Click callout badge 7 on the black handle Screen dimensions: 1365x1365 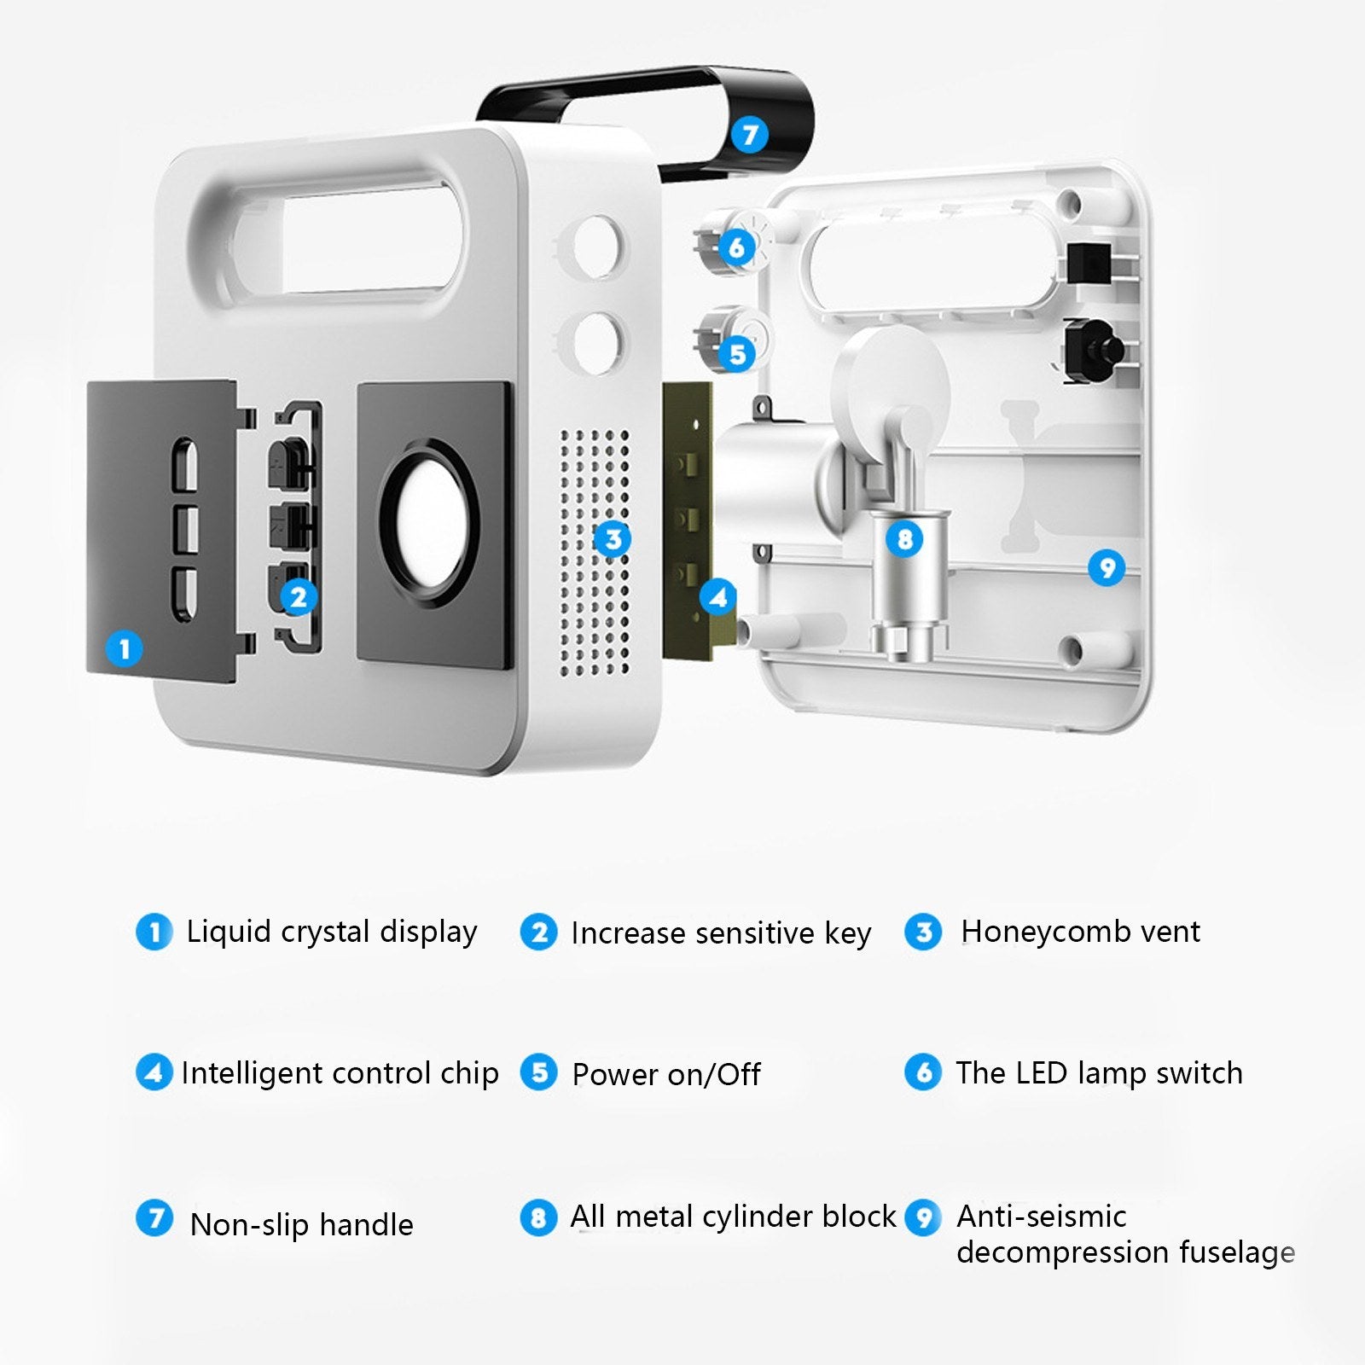pyautogui.click(x=750, y=135)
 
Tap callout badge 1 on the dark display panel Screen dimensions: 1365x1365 pyautogui.click(x=125, y=649)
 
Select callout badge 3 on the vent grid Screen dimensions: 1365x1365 pyautogui.click(x=613, y=539)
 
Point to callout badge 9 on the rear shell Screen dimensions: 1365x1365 pyautogui.click(x=1107, y=567)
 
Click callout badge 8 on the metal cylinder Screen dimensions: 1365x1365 pyautogui.click(x=904, y=539)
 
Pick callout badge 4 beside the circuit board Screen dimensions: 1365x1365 pyautogui.click(x=718, y=597)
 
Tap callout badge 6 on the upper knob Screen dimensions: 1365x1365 pyautogui.click(x=736, y=248)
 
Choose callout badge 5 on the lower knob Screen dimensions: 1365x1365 pyautogui.click(x=737, y=354)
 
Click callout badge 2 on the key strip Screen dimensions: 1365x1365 pyautogui.click(x=298, y=597)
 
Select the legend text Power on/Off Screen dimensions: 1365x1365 pyautogui.click(x=666, y=1075)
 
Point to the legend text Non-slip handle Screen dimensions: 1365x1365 pyautogui.click(x=302, y=1225)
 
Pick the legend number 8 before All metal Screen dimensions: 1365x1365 pyautogui.click(x=538, y=1217)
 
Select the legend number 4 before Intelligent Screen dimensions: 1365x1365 pyautogui.click(x=154, y=1072)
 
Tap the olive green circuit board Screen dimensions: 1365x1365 pyautogui.click(x=688, y=520)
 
